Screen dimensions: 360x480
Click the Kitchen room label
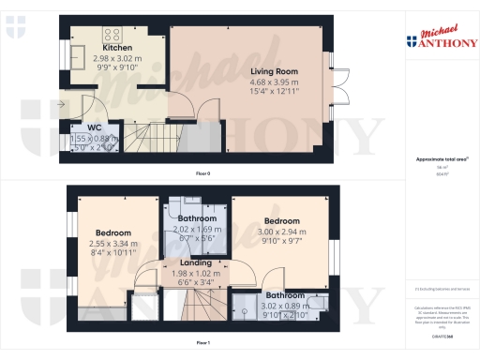[x=117, y=48]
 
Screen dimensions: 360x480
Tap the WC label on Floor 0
[x=95, y=127]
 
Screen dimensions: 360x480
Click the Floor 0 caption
[x=202, y=174]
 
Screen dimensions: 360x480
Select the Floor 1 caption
[x=202, y=344]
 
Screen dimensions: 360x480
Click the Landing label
[x=197, y=262]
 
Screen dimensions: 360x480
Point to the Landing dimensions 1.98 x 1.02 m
[x=197, y=272]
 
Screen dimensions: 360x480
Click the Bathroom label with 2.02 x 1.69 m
[x=197, y=218]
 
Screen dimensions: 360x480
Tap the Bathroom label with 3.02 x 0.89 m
[x=282, y=294]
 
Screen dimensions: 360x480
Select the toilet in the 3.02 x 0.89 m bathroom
[x=320, y=303]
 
